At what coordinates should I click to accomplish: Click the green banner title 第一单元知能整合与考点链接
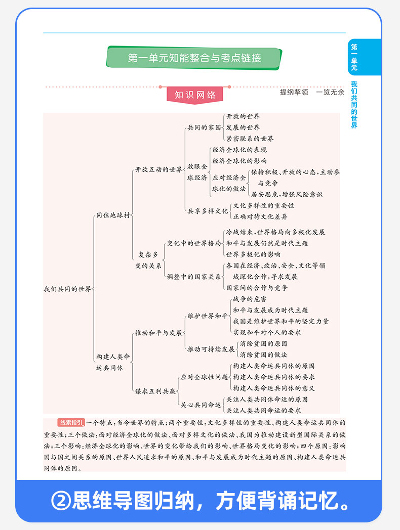pos(194,58)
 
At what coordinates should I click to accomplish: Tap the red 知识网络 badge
pos(195,95)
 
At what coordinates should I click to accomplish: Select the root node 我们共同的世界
pos(68,289)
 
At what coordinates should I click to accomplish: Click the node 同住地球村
pos(113,215)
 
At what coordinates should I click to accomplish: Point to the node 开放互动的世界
pos(158,170)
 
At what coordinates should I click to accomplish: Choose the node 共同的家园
pos(204,127)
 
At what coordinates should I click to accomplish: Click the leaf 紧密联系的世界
pos(250,139)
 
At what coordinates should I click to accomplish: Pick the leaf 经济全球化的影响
pos(239,161)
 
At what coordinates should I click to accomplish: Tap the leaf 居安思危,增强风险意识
pos(286,194)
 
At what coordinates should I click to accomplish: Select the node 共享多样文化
pos(208,211)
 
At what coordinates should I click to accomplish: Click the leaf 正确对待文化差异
pos(260,216)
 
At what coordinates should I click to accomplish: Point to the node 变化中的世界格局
pos(194,243)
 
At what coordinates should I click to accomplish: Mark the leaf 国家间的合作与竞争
pos(257,288)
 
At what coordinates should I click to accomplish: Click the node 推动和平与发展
pos(158,333)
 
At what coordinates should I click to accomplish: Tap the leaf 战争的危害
pos(250,299)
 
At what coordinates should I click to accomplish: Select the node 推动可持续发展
pos(211,349)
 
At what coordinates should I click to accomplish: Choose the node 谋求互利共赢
pos(155,391)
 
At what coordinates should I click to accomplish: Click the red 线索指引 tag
pos(71,422)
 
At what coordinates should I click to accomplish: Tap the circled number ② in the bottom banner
pos(61,501)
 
